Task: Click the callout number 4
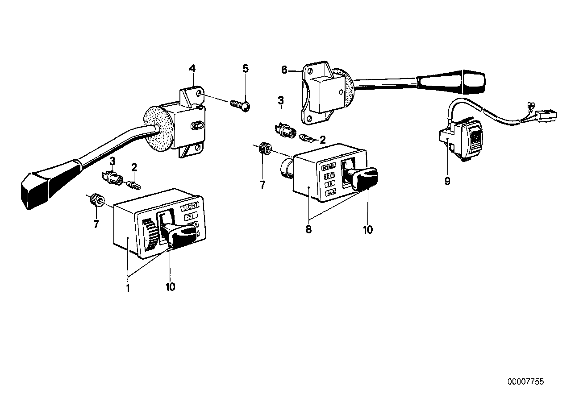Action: click(x=192, y=68)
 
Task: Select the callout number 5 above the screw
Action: click(x=246, y=68)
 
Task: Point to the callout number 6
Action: click(x=284, y=70)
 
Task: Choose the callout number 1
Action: click(x=128, y=288)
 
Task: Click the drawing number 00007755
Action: click(x=525, y=382)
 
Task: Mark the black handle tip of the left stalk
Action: click(x=34, y=190)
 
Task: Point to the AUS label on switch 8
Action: click(x=330, y=193)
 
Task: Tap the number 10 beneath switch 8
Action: click(x=367, y=230)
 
